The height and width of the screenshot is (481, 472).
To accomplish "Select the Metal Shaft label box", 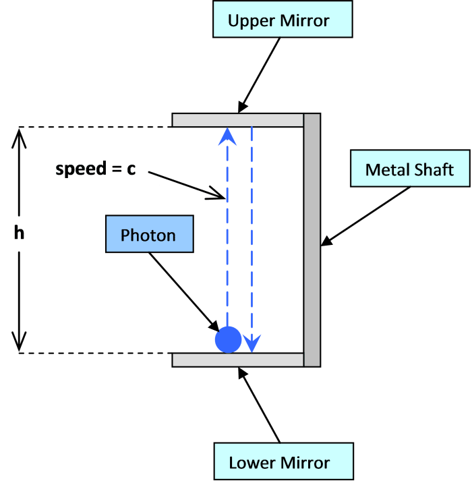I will click(x=410, y=169).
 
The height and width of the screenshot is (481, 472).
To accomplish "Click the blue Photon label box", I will click(x=148, y=235).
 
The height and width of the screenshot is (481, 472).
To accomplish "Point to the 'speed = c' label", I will click(x=95, y=167).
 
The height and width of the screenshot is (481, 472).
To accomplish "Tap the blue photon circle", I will click(x=228, y=339).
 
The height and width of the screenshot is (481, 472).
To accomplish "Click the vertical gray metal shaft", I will click(x=312, y=239).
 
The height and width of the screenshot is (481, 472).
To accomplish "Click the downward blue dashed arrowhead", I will click(x=252, y=345).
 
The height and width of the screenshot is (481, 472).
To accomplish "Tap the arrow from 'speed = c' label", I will click(x=192, y=187).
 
